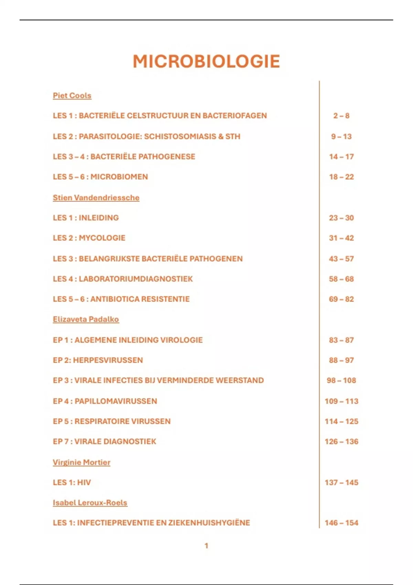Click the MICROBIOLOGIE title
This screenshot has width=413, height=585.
click(x=206, y=62)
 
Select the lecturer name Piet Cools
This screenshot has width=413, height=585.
click(x=72, y=95)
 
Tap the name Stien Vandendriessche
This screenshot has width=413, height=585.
click(x=96, y=198)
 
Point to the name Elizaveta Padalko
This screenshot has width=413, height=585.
click(x=86, y=319)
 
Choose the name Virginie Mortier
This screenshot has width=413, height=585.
click(x=82, y=462)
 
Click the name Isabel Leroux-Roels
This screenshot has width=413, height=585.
click(x=90, y=502)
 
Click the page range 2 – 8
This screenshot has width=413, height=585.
click(x=341, y=116)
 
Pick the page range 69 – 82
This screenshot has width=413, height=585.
click(x=341, y=299)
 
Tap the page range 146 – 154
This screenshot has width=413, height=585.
click(x=341, y=523)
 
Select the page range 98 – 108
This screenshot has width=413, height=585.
click(x=341, y=380)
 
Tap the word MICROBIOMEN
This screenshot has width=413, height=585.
click(x=119, y=177)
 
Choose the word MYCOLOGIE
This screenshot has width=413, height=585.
click(x=102, y=238)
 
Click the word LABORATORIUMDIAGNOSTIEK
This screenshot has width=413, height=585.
click(x=136, y=279)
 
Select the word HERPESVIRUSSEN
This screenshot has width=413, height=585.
click(x=108, y=360)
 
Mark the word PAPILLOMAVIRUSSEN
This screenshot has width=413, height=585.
click(x=116, y=401)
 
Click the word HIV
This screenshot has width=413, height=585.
click(x=84, y=482)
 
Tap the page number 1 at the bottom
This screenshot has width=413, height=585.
click(x=206, y=545)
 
